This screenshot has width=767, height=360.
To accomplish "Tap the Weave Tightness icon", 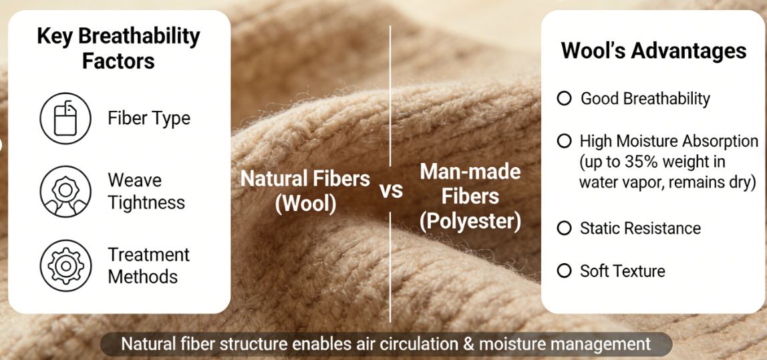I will [x=64, y=192].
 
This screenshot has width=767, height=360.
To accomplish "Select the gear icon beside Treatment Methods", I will [x=64, y=265].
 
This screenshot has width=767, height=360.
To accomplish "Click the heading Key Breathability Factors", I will [x=118, y=48].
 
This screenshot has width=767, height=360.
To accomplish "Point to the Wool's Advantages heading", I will [x=653, y=51].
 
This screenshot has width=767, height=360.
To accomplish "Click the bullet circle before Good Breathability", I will [x=565, y=99].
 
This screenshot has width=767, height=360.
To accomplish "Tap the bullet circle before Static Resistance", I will [x=565, y=228].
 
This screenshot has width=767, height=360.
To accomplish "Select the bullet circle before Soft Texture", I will [x=565, y=271].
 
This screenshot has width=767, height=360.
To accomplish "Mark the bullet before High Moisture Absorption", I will [x=565, y=142].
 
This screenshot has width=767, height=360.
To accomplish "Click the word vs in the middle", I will [x=392, y=190].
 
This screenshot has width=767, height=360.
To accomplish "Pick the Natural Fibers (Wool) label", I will [x=305, y=191].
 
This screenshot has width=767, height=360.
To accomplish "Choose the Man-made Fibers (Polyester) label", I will [x=470, y=196].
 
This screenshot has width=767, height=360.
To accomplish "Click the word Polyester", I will [x=470, y=221].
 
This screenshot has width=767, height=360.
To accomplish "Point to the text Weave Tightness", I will [x=146, y=191].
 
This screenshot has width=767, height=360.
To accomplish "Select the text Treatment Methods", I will [x=148, y=265].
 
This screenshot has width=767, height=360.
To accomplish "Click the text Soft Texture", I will [x=623, y=271].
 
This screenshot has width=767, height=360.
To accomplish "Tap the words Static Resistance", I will [x=640, y=228].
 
